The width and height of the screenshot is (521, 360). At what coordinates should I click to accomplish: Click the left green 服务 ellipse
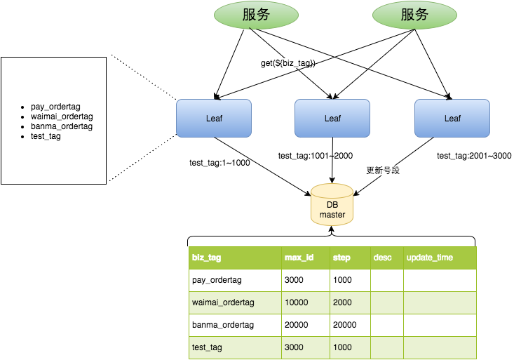point(256,15)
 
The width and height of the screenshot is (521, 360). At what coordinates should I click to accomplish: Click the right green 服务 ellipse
point(414,15)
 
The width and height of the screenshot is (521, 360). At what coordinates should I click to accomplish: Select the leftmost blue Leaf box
point(214,118)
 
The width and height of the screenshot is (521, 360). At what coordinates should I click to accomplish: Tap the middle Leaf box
point(332,118)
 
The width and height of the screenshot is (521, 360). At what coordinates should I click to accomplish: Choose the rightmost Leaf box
point(452,118)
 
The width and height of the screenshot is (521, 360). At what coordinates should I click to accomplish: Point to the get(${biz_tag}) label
point(287,63)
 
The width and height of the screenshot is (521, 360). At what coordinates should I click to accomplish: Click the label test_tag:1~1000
point(219,162)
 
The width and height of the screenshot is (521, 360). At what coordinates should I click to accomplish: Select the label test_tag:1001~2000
point(316,156)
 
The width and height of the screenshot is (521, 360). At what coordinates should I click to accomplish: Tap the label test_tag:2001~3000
point(474,156)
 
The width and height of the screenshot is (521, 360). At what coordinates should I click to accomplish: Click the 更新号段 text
point(383,171)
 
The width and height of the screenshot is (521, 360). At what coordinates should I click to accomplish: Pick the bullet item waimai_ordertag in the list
point(62,116)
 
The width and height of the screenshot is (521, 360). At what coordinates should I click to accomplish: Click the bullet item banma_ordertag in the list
point(62,126)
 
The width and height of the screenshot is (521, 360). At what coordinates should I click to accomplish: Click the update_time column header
point(430,258)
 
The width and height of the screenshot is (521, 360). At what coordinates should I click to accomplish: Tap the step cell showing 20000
point(344,325)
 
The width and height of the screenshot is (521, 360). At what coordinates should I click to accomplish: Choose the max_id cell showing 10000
point(297,302)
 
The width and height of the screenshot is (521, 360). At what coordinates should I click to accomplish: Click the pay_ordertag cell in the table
point(217,280)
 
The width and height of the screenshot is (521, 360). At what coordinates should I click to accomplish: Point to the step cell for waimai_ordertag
point(342,302)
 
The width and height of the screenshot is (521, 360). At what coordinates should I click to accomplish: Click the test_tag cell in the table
point(207,347)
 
